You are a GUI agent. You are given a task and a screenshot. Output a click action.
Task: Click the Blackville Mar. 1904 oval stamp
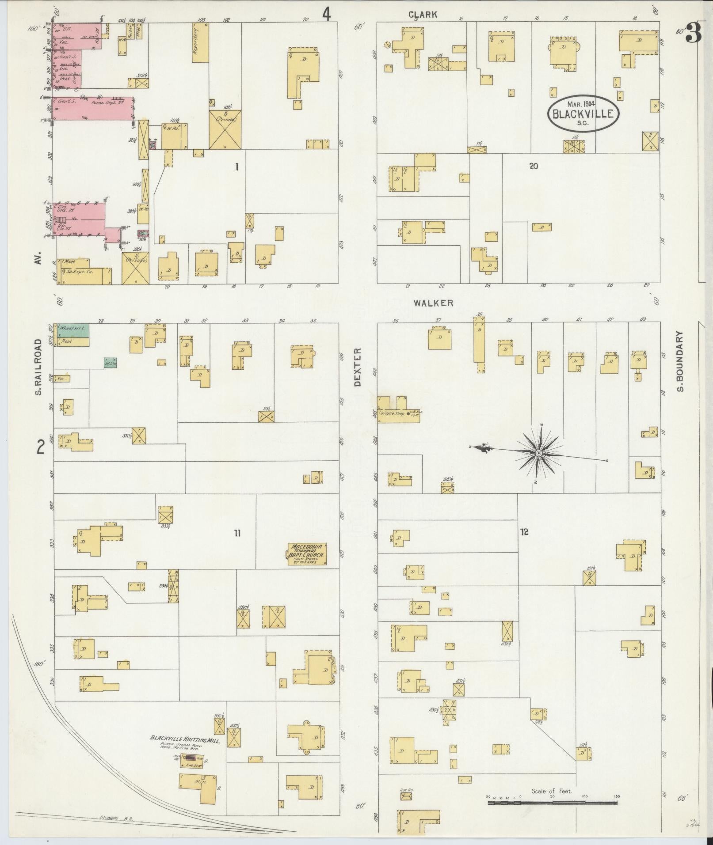pyautogui.click(x=583, y=113)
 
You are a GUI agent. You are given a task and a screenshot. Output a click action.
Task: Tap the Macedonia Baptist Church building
pyautogui.click(x=308, y=554)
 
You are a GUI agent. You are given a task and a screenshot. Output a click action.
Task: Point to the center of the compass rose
pyautogui.click(x=539, y=454)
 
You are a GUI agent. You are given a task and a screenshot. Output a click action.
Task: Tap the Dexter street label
pyautogui.click(x=357, y=367)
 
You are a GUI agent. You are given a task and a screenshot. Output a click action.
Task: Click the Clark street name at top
pyautogui.click(x=423, y=15)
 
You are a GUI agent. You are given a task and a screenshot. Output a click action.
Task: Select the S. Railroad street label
pyautogui.click(x=39, y=367)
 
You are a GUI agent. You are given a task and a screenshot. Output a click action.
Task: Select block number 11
pyautogui.click(x=237, y=533)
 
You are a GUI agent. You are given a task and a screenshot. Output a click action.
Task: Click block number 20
pyautogui.click(x=534, y=166)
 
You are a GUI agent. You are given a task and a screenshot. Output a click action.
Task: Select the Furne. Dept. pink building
pyautogui.click(x=93, y=108)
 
